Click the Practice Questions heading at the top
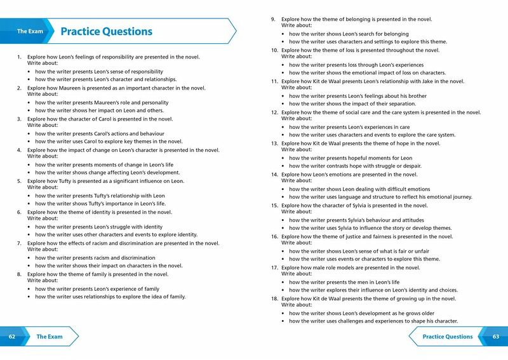pos(106,32)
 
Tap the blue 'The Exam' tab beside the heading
pos(30,31)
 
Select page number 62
pos(12,337)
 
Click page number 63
pos(495,337)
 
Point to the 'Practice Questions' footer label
pos(447,337)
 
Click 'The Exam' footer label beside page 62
pos(50,337)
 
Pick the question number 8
pos(19,274)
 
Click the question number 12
pos(275,112)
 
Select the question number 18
pos(275,298)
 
